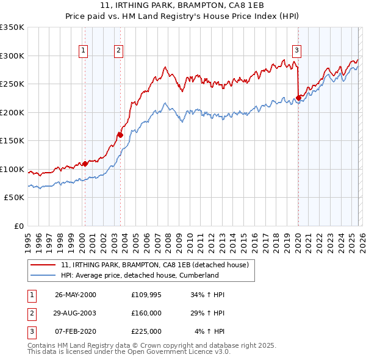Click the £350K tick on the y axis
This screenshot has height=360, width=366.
pos(12,27)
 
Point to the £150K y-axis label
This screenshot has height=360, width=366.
pos(12,141)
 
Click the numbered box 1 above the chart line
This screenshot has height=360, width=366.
pos(82,51)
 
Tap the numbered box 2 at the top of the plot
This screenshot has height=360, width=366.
pos(118,51)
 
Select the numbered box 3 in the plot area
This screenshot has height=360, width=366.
pos(296,51)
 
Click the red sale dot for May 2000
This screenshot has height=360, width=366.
pos(85,164)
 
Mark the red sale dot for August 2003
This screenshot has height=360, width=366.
pos(120,135)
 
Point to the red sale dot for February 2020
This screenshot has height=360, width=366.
pos(298,98)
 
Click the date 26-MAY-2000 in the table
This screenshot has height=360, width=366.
pos(76,295)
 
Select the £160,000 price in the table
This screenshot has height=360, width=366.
pos(146,313)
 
